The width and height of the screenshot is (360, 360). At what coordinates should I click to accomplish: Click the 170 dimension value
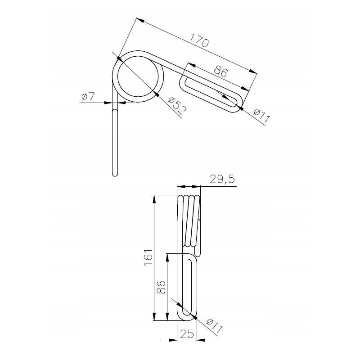(x=199, y=40)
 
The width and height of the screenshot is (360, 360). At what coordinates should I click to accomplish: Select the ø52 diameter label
(x=177, y=106)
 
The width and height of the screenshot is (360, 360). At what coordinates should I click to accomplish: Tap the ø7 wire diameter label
(x=88, y=97)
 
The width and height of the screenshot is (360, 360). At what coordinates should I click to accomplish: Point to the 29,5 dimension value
(x=222, y=179)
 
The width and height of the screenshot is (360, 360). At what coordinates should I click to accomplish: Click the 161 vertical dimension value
(x=148, y=257)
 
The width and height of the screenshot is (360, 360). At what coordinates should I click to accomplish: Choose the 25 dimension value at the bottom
(x=187, y=334)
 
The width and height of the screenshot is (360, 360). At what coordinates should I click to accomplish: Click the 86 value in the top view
(x=220, y=71)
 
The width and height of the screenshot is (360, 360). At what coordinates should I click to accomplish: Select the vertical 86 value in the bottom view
(x=161, y=287)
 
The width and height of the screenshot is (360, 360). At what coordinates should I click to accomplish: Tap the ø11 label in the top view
(x=261, y=116)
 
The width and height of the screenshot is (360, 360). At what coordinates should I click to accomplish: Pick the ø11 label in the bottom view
(x=214, y=326)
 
